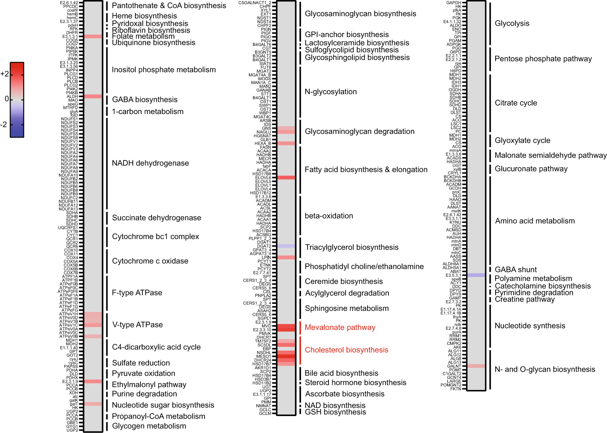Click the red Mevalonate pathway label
[340, 327]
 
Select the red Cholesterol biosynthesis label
[346, 350]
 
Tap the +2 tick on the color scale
[5, 74]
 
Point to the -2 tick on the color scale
[4, 125]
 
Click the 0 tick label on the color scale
[7, 99]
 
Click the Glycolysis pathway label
[512, 24]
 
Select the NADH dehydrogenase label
[150, 163]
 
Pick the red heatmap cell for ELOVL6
[286, 178]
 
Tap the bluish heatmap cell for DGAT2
[286, 246]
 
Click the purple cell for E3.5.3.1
[476, 275]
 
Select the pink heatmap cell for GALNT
[476, 366]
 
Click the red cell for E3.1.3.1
[93, 36]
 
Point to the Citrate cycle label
[515, 103]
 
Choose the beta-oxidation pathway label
[329, 216]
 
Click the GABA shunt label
[515, 270]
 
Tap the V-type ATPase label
[137, 325]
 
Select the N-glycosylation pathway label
[330, 92]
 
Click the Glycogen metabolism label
[149, 426]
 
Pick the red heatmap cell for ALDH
[93, 96]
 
